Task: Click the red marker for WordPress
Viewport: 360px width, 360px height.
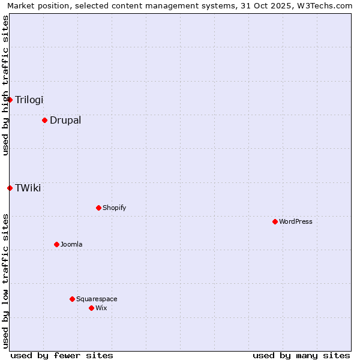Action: pos(275,221)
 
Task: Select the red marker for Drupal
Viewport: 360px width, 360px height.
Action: pos(44,120)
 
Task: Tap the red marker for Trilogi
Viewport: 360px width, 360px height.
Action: pos(10,100)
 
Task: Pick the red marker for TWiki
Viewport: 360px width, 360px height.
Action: pos(10,188)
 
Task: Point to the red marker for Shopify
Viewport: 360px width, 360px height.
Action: pos(98,208)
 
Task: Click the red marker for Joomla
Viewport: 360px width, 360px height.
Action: pos(56,244)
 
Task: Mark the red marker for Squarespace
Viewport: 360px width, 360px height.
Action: pos(72,299)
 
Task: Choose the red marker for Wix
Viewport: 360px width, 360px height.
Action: pos(91,308)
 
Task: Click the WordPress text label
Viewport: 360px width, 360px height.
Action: pos(296,221)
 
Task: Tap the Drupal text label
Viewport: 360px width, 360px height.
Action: pos(65,120)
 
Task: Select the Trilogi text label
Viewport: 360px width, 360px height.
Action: pos(29,100)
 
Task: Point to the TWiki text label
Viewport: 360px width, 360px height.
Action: pos(28,188)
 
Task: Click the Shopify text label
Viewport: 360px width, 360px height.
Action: pos(115,208)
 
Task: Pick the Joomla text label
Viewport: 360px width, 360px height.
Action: pos(71,244)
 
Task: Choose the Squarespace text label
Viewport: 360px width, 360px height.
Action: pos(97,299)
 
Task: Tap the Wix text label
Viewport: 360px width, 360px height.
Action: pos(101,308)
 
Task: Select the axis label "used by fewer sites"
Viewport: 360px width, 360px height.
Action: pos(62,355)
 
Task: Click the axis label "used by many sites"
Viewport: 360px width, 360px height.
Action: pos(301,355)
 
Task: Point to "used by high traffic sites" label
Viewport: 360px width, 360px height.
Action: pos(5,85)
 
